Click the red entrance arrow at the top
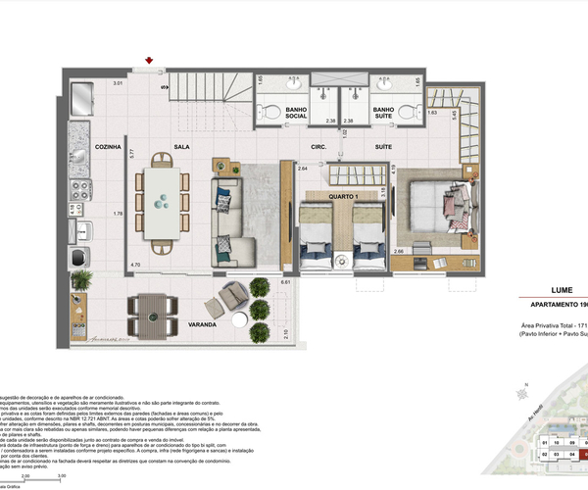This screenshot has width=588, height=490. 148,62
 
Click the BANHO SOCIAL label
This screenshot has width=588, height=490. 296,114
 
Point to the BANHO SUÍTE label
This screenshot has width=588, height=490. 383,114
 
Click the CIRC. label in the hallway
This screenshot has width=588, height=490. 318,147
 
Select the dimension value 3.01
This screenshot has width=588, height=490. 118,84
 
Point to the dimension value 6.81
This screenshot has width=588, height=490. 285,283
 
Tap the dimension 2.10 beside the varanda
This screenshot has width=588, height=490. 285,333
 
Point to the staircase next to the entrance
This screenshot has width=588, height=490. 208,92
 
